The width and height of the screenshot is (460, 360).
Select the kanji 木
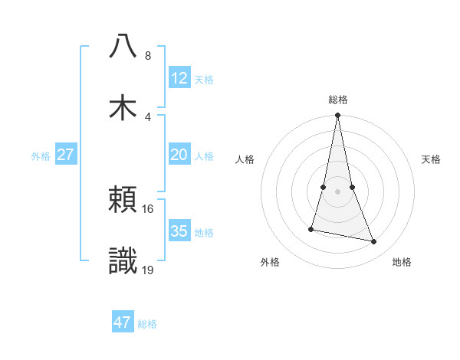123,108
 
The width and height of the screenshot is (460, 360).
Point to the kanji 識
123,261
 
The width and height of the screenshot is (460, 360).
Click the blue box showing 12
179,78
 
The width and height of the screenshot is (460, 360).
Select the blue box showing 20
179,155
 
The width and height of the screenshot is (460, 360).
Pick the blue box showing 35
179,231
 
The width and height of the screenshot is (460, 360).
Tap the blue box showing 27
65,155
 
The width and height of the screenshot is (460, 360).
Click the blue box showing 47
123,322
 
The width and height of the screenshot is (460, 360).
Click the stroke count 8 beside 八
148,56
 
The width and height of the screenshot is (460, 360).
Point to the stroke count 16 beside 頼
149,208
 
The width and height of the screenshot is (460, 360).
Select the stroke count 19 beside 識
149,270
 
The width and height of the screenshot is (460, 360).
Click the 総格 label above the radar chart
338,100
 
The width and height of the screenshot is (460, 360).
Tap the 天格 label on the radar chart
432,159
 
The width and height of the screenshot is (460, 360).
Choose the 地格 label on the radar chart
402,262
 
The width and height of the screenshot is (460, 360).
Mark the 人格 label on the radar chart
245,159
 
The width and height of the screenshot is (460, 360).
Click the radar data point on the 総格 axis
338,116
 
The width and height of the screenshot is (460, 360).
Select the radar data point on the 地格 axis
374,242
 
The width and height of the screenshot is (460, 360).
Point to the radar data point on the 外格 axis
311,229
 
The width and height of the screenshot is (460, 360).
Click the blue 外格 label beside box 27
41,155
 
